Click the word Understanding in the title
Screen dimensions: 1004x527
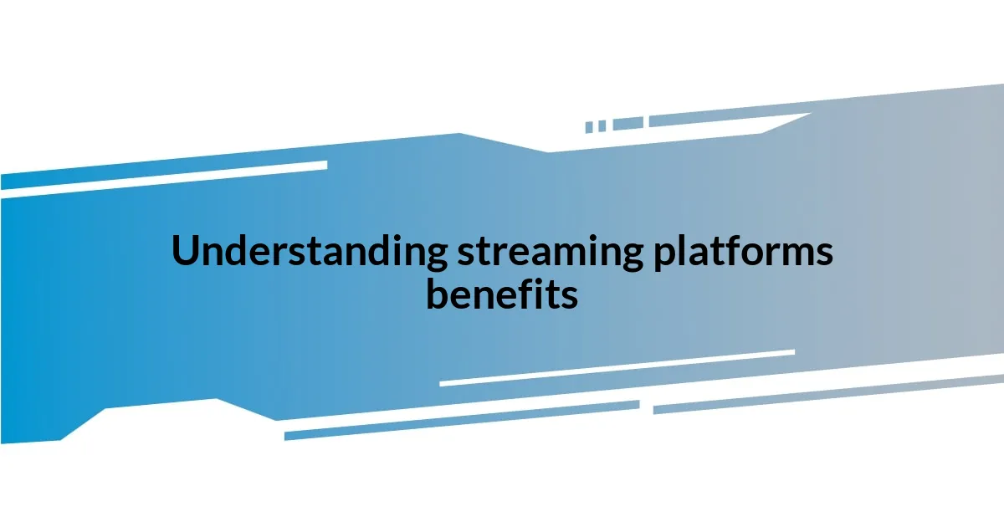[309, 252]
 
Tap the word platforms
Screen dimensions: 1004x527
[743, 252]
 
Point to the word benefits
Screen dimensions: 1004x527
[502, 294]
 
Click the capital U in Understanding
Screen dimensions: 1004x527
[185, 252]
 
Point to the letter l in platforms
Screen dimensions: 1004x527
[684, 250]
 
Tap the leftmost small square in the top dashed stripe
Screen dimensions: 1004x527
[589, 127]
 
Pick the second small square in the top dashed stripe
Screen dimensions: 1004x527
[602, 125]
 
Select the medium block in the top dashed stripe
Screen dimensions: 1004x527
[627, 124]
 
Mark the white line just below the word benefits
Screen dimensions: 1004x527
[617, 368]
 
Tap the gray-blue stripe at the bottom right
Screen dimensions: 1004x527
[828, 394]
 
